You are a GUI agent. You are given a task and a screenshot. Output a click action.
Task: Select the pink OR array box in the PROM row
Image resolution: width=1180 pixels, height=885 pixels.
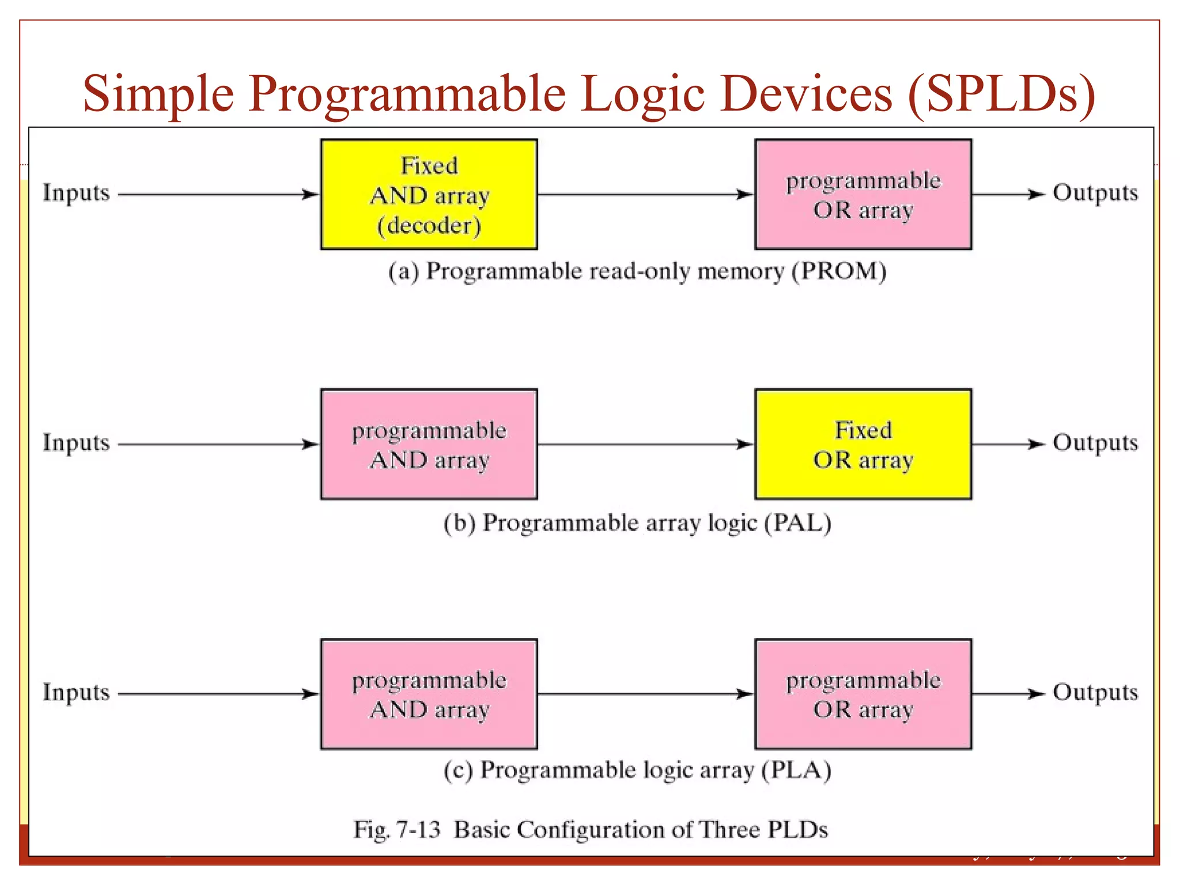(x=863, y=194)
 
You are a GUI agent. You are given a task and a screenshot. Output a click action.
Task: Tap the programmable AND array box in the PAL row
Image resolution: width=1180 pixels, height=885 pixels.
(x=429, y=444)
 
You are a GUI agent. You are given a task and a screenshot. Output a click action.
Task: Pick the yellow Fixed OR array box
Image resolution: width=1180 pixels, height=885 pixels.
(x=863, y=444)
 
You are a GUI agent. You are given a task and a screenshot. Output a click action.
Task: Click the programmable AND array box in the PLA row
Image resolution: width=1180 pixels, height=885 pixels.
(x=429, y=694)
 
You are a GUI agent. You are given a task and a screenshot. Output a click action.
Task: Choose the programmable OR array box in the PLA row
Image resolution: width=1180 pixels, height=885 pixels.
(x=863, y=694)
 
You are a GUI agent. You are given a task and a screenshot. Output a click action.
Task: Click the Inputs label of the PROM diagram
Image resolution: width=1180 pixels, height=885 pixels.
(x=76, y=193)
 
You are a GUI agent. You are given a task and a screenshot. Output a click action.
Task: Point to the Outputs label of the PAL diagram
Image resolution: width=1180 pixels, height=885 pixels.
(x=1095, y=442)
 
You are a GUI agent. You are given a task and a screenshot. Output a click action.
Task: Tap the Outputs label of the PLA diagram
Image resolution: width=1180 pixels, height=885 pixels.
(x=1095, y=692)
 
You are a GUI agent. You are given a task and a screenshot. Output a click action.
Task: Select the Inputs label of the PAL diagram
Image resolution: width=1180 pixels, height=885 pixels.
(x=76, y=442)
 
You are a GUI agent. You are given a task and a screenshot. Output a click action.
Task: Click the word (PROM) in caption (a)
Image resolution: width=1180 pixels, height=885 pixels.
(x=839, y=271)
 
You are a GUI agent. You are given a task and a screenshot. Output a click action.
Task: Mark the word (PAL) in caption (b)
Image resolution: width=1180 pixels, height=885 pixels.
(x=797, y=523)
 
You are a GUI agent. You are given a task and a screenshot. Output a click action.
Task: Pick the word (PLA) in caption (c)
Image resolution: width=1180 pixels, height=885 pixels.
(x=796, y=770)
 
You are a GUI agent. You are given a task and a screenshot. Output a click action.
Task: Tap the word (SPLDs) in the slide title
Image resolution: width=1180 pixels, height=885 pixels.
(x=1001, y=94)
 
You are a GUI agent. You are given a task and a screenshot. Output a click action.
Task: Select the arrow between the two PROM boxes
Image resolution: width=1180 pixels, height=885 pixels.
(x=645, y=195)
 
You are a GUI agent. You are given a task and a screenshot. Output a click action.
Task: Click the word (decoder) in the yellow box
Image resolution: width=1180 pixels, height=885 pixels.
(x=429, y=225)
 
